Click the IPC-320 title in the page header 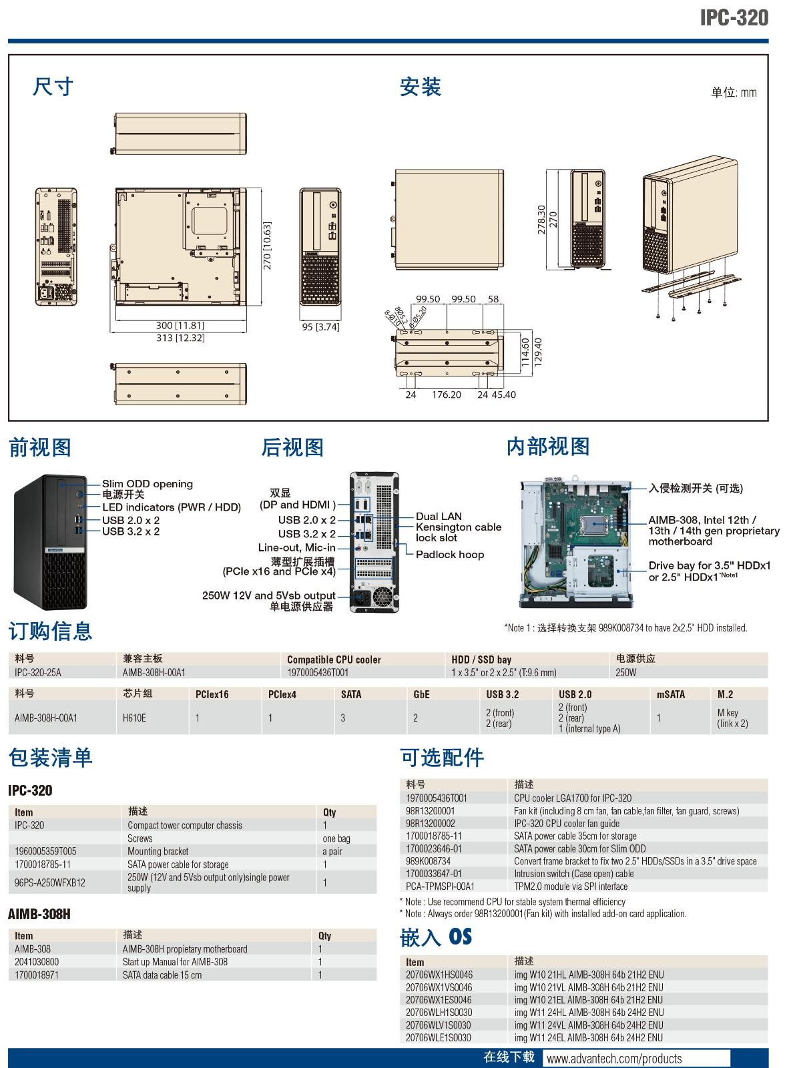click(x=734, y=18)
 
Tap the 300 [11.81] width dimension click(x=180, y=326)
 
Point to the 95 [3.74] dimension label click(x=320, y=327)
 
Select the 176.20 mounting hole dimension click(x=447, y=395)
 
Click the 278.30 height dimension click(x=541, y=220)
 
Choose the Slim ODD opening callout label click(x=148, y=484)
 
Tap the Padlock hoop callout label click(x=450, y=554)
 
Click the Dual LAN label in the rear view click(x=439, y=516)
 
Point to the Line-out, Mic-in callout click(x=296, y=547)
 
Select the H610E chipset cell click(x=134, y=718)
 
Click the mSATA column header click(x=671, y=694)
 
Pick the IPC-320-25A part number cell click(x=38, y=672)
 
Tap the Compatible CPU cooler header click(x=334, y=659)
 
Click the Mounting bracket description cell click(x=158, y=851)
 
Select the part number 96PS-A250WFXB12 click(x=50, y=882)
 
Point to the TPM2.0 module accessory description click(x=571, y=886)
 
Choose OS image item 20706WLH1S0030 click(x=439, y=1012)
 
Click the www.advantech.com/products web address click(x=614, y=1059)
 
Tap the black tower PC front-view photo click(x=51, y=542)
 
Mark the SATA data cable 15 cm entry click(x=162, y=975)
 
